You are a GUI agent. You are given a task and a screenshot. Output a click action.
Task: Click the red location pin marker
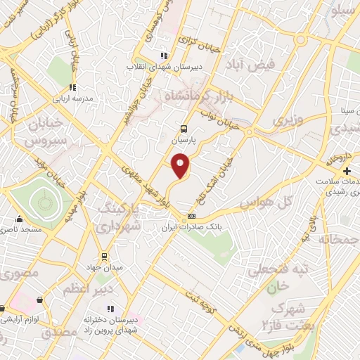(181, 165)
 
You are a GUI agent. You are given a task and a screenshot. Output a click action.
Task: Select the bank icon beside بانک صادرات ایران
(191, 217)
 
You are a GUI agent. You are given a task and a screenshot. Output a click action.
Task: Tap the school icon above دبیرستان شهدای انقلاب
(163, 56)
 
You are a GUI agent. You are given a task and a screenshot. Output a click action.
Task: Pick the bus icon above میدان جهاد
(104, 256)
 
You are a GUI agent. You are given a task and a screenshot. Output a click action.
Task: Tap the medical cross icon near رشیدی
(346, 172)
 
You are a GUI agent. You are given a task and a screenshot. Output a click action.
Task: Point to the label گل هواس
(265, 203)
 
